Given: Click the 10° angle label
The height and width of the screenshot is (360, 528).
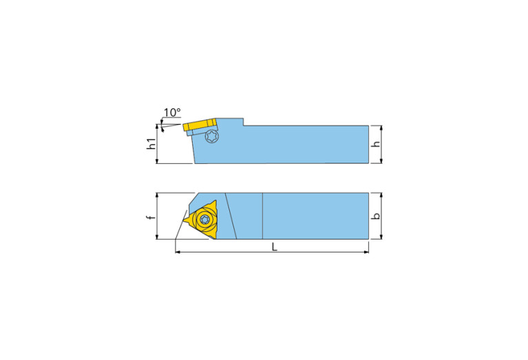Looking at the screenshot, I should [x=171, y=112].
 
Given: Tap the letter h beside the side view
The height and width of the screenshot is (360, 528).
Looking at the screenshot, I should [x=375, y=145].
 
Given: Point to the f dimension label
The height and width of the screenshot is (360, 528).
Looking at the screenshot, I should [x=151, y=217].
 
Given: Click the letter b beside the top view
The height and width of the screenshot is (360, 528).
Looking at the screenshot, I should [x=375, y=216].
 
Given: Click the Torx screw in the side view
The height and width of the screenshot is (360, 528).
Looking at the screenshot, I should [x=212, y=137].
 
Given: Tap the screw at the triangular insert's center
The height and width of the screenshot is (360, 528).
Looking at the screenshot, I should [x=204, y=220].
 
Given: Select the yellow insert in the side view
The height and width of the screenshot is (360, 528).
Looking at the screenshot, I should [x=200, y=126].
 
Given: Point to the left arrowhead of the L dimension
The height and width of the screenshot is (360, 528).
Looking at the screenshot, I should [x=179, y=253].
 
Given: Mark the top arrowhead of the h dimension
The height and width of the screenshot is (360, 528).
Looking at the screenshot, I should [x=380, y=128].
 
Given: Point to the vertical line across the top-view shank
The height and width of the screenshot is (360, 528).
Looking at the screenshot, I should [x=262, y=216].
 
